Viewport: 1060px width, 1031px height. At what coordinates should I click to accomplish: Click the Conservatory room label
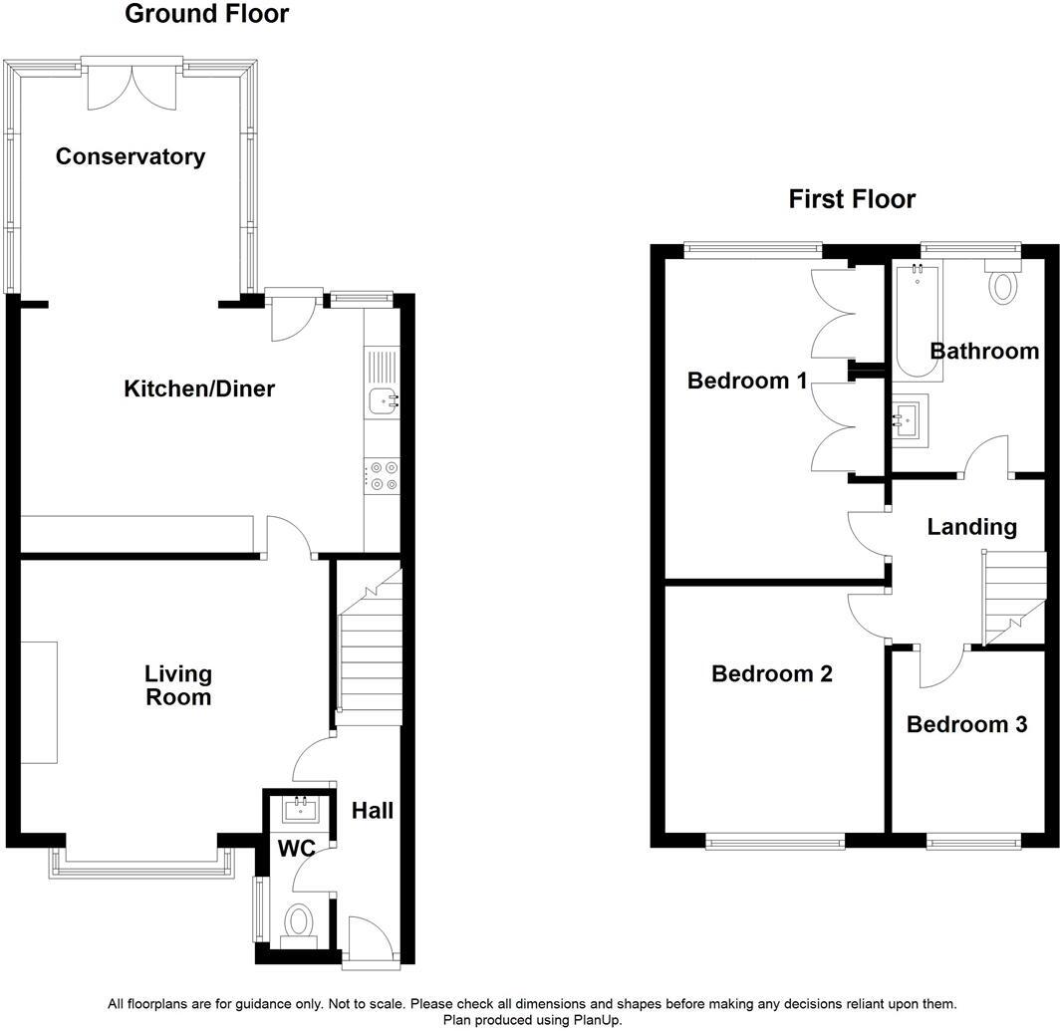[131, 156]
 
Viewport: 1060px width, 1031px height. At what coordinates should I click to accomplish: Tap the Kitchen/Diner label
[199, 388]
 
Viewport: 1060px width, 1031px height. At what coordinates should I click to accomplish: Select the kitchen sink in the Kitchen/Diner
[382, 400]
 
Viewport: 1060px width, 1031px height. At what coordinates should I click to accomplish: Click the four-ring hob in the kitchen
[382, 475]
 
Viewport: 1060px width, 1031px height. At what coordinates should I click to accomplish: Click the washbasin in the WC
[300, 810]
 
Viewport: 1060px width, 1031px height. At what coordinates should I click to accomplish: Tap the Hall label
[372, 811]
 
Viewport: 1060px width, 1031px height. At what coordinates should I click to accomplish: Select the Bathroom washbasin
[909, 420]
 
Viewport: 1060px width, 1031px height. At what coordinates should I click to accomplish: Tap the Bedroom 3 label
[966, 724]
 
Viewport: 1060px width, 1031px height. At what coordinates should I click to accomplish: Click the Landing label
[971, 527]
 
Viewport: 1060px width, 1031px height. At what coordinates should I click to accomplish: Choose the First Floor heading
[852, 199]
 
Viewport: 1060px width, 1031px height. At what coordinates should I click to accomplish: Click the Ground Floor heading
[207, 14]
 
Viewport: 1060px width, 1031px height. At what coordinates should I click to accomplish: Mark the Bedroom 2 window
[775, 843]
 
